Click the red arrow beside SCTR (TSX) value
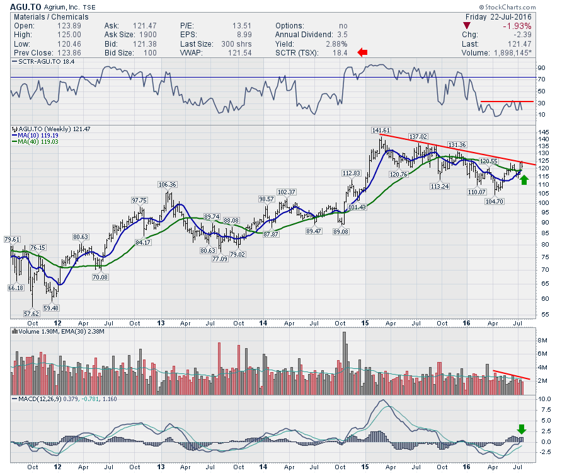pyautogui.click(x=363, y=52)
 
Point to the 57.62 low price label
pyautogui.click(x=31, y=313)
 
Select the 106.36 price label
pyautogui.click(x=167, y=184)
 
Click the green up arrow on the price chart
pyautogui.click(x=524, y=179)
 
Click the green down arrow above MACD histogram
pyautogui.click(x=521, y=429)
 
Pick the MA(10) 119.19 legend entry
pyautogui.click(x=39, y=136)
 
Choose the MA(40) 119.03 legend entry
pyautogui.click(x=39, y=143)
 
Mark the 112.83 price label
pyautogui.click(x=351, y=173)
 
